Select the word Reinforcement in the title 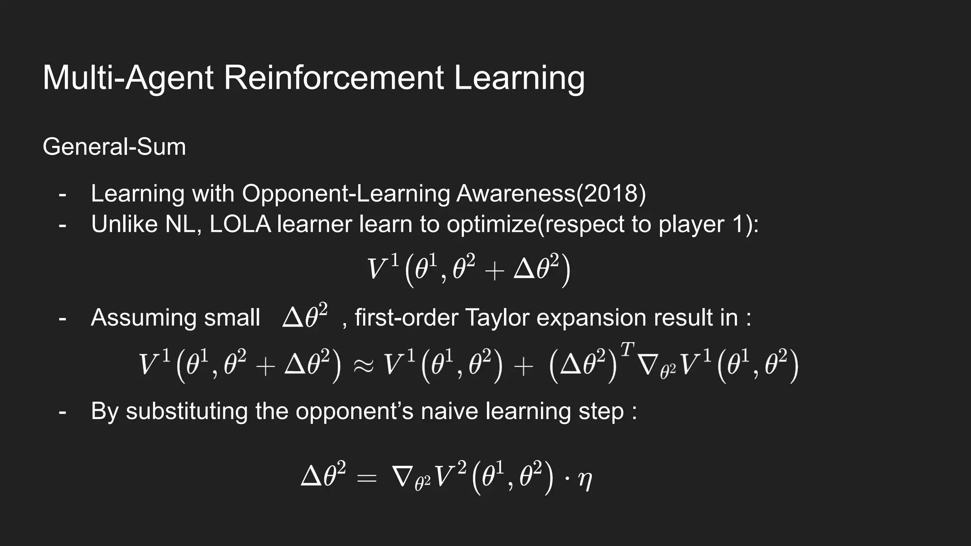(334, 78)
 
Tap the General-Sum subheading (114, 147)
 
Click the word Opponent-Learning (346, 194)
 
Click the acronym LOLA (240, 224)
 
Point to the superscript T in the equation (627, 350)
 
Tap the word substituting (186, 411)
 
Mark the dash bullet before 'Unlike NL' (62, 225)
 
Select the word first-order (406, 318)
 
